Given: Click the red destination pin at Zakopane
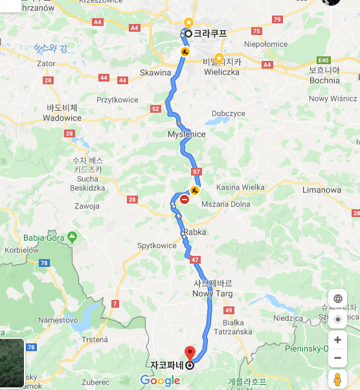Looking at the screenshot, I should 190,353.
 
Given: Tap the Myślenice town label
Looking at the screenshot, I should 186,134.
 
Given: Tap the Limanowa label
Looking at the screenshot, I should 321,190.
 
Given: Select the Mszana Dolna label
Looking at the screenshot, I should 227,203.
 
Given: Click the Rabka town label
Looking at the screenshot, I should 194,232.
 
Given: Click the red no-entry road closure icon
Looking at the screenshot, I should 185,200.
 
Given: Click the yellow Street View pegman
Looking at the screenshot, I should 337,379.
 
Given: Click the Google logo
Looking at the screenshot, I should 160,380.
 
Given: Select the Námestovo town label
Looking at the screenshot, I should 58,320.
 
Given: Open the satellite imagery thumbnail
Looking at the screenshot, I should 11,364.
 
